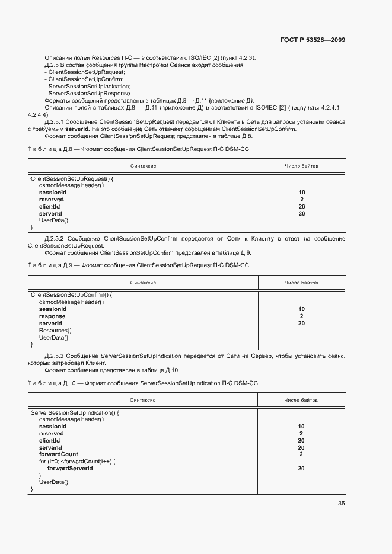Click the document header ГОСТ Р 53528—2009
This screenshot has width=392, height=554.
pyautogui.click(x=313, y=40)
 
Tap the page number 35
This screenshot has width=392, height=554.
pyautogui.click(x=341, y=504)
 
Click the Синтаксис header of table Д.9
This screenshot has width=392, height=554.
pyautogui.click(x=143, y=283)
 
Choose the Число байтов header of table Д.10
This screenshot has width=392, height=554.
pyautogui.click(x=301, y=400)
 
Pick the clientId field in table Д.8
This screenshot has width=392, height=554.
pyautogui.click(x=49, y=207)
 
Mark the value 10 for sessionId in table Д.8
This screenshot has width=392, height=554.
pyautogui.click(x=302, y=193)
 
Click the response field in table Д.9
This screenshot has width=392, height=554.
pyautogui.click(x=52, y=316)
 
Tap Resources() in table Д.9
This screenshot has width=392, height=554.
pyautogui.click(x=55, y=331)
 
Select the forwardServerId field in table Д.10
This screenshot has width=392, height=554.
pyautogui.click(x=69, y=469)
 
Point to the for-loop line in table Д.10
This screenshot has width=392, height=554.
pyautogui.click(x=77, y=462)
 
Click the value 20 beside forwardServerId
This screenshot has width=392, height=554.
pyautogui.click(x=301, y=469)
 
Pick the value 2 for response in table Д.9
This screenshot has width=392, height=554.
pyautogui.click(x=302, y=316)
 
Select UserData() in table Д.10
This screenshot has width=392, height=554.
pyautogui.click(x=53, y=483)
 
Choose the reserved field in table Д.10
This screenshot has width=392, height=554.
pyautogui.click(x=52, y=434)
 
